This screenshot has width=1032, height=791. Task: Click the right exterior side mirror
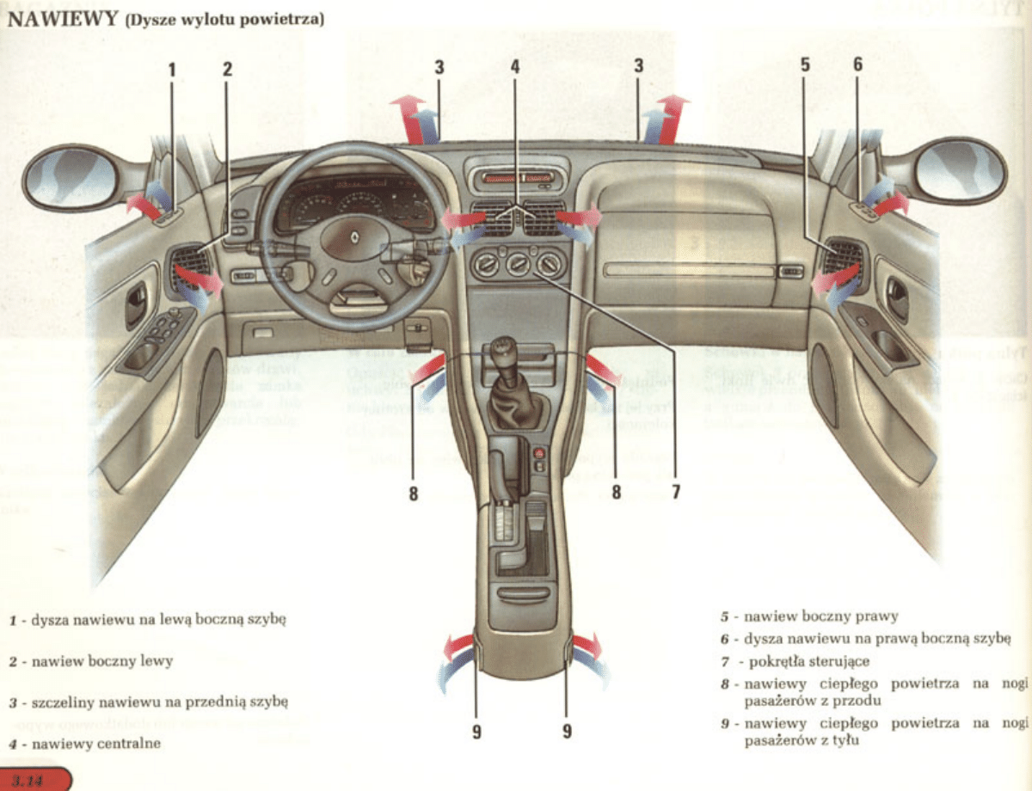(x=960, y=170)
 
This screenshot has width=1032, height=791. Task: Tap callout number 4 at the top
(x=515, y=65)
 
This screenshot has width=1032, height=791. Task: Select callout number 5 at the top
(x=805, y=64)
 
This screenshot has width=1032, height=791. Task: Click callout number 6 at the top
(x=857, y=64)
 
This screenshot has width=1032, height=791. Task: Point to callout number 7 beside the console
(x=676, y=493)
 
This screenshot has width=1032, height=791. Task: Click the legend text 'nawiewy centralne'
(x=95, y=743)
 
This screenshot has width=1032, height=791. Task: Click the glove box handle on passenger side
(x=789, y=272)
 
